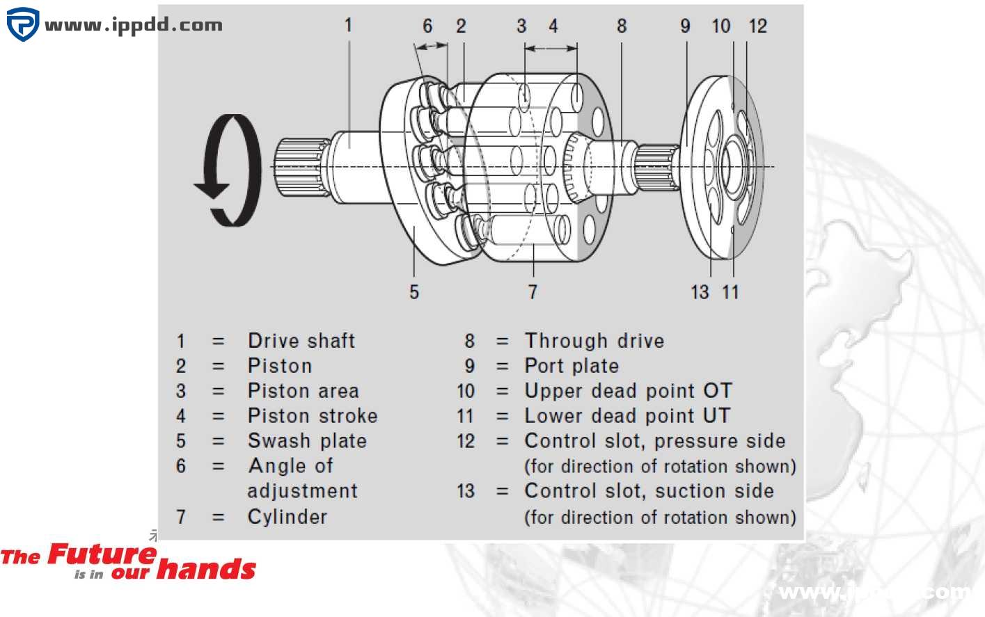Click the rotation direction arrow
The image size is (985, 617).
(x=230, y=170)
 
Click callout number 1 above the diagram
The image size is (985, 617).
(x=348, y=26)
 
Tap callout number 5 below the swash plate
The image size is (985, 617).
(x=414, y=291)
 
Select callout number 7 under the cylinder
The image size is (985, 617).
(x=533, y=291)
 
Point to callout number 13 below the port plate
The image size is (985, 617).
(x=700, y=291)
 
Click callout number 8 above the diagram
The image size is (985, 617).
(x=622, y=26)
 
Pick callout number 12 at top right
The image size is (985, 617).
(x=757, y=26)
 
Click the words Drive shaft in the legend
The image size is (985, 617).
(x=301, y=341)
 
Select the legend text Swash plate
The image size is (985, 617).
(x=307, y=441)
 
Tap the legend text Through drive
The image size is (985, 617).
(x=594, y=341)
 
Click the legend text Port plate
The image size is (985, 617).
(x=572, y=366)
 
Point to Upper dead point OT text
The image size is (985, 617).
(x=628, y=391)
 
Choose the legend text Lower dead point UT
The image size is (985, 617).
(x=627, y=416)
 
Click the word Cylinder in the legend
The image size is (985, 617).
(x=287, y=517)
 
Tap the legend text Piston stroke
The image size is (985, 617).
(x=313, y=416)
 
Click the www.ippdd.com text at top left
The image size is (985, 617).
(x=134, y=26)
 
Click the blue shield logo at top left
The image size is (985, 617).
(x=22, y=24)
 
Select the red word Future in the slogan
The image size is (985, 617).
(x=102, y=555)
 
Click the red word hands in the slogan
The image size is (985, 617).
(x=207, y=570)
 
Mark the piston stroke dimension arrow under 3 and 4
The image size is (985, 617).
(x=551, y=48)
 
